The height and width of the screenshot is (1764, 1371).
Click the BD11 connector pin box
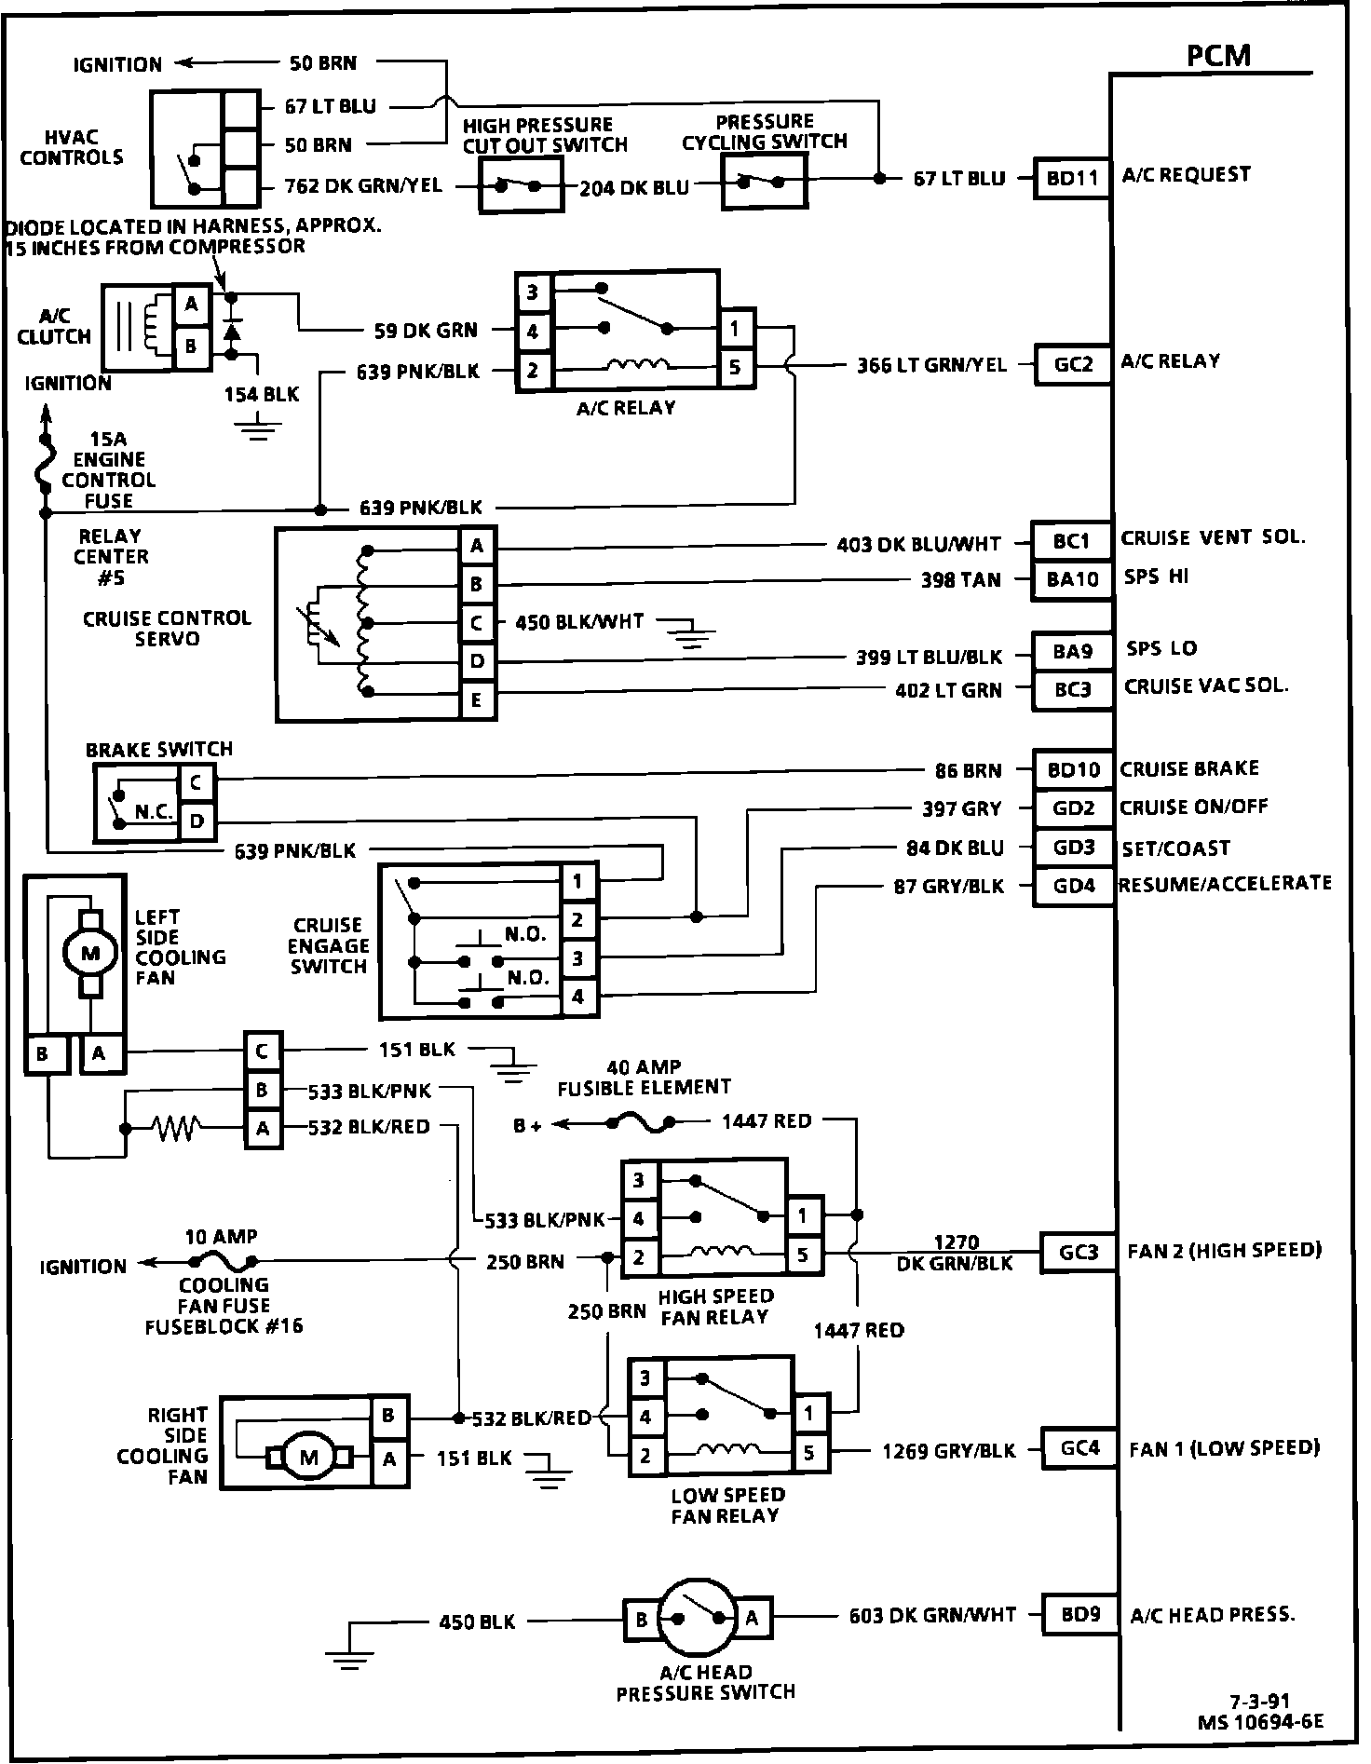pyautogui.click(x=1072, y=178)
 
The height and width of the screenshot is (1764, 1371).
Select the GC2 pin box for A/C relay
pyautogui.click(x=1073, y=364)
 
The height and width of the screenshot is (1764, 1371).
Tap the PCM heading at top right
pyautogui.click(x=1218, y=56)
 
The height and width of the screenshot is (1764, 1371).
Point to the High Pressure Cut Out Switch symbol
pyautogui.click(x=520, y=185)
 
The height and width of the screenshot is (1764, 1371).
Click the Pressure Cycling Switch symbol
pyautogui.click(x=764, y=181)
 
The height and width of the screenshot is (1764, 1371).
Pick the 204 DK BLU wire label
pyautogui.click(x=634, y=187)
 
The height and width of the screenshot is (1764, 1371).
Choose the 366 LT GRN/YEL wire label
pyautogui.click(x=931, y=365)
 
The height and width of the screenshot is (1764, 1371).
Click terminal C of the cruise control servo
pyautogui.click(x=477, y=622)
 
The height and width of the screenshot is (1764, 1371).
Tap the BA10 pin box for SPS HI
pyautogui.click(x=1072, y=579)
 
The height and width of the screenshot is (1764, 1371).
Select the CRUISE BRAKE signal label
pyautogui.click(x=1188, y=768)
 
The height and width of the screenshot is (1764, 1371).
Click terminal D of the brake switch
pyautogui.click(x=197, y=821)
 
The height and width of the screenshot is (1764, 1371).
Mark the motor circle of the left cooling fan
pyautogui.click(x=89, y=952)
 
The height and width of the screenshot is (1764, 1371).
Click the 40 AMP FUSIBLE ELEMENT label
pyautogui.click(x=644, y=1077)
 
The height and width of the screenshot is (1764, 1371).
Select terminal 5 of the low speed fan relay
pyautogui.click(x=809, y=1452)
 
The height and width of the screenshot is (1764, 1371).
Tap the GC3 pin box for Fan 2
pyautogui.click(x=1078, y=1253)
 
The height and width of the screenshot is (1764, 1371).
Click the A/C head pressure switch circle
pyautogui.click(x=698, y=1619)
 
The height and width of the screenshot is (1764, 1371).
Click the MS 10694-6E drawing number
pyautogui.click(x=1260, y=1722)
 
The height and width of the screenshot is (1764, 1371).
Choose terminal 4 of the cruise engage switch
pyautogui.click(x=577, y=997)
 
